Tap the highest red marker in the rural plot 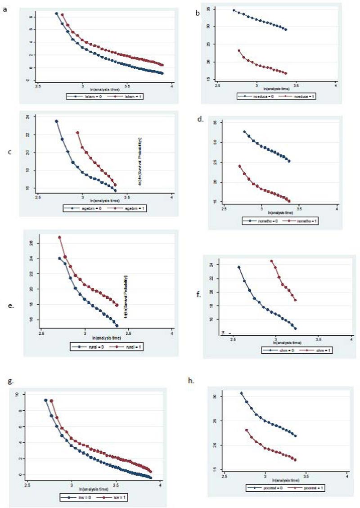pyautogui.click(x=59, y=237)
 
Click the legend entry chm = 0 pyautogui.click(x=280, y=350)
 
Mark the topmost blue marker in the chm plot pyautogui.click(x=239, y=267)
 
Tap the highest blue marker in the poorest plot pyautogui.click(x=241, y=393)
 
